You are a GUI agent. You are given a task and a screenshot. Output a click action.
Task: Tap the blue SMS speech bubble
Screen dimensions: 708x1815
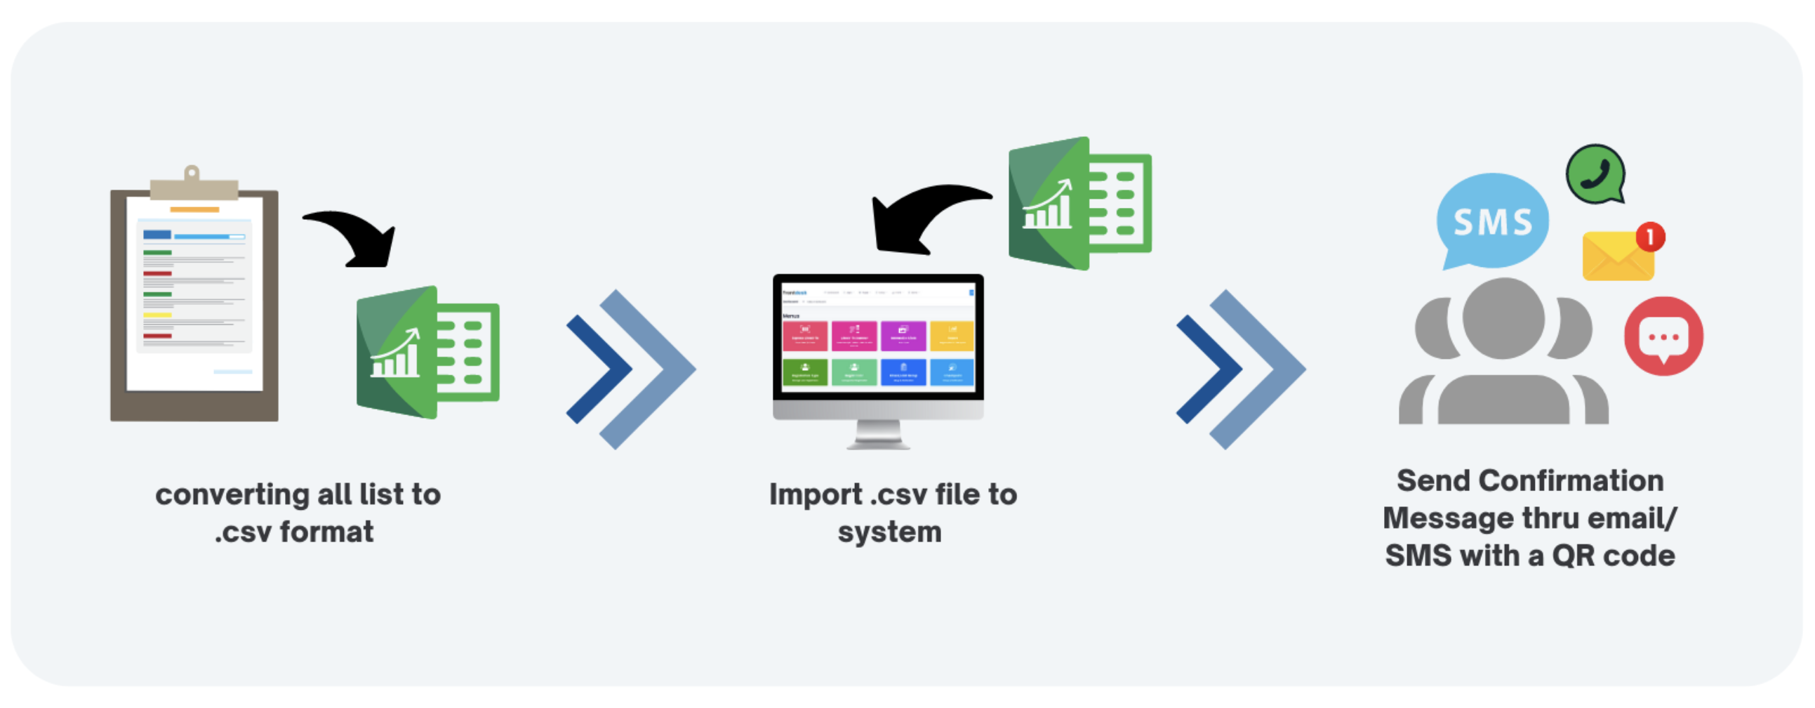click(x=1492, y=221)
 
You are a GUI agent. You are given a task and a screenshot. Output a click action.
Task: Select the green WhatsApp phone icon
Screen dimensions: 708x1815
click(x=1595, y=174)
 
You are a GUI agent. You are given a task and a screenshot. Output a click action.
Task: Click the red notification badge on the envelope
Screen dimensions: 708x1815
click(x=1650, y=237)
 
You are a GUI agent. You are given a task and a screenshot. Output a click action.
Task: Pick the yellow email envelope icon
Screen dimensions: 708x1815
click(x=1616, y=258)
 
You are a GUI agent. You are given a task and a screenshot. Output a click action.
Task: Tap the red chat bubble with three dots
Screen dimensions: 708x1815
click(x=1663, y=336)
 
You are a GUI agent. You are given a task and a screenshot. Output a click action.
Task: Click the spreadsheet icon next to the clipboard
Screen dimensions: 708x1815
click(x=427, y=352)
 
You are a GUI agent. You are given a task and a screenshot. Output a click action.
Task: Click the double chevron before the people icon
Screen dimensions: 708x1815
click(x=1239, y=369)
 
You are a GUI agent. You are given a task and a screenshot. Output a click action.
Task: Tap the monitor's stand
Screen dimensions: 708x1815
click(x=878, y=433)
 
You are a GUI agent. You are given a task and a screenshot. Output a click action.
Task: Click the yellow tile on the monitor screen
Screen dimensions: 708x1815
click(x=951, y=336)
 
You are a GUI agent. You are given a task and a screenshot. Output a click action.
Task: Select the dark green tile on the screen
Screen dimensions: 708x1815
click(x=804, y=372)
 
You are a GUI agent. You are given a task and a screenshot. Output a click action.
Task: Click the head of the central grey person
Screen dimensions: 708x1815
click(x=1503, y=319)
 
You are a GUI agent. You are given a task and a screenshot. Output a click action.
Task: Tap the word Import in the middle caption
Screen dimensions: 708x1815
click(x=815, y=495)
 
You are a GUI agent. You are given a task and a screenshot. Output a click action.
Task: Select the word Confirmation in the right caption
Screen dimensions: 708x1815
click(x=1571, y=481)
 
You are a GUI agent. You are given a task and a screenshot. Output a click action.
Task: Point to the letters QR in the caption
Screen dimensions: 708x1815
click(x=1572, y=556)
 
